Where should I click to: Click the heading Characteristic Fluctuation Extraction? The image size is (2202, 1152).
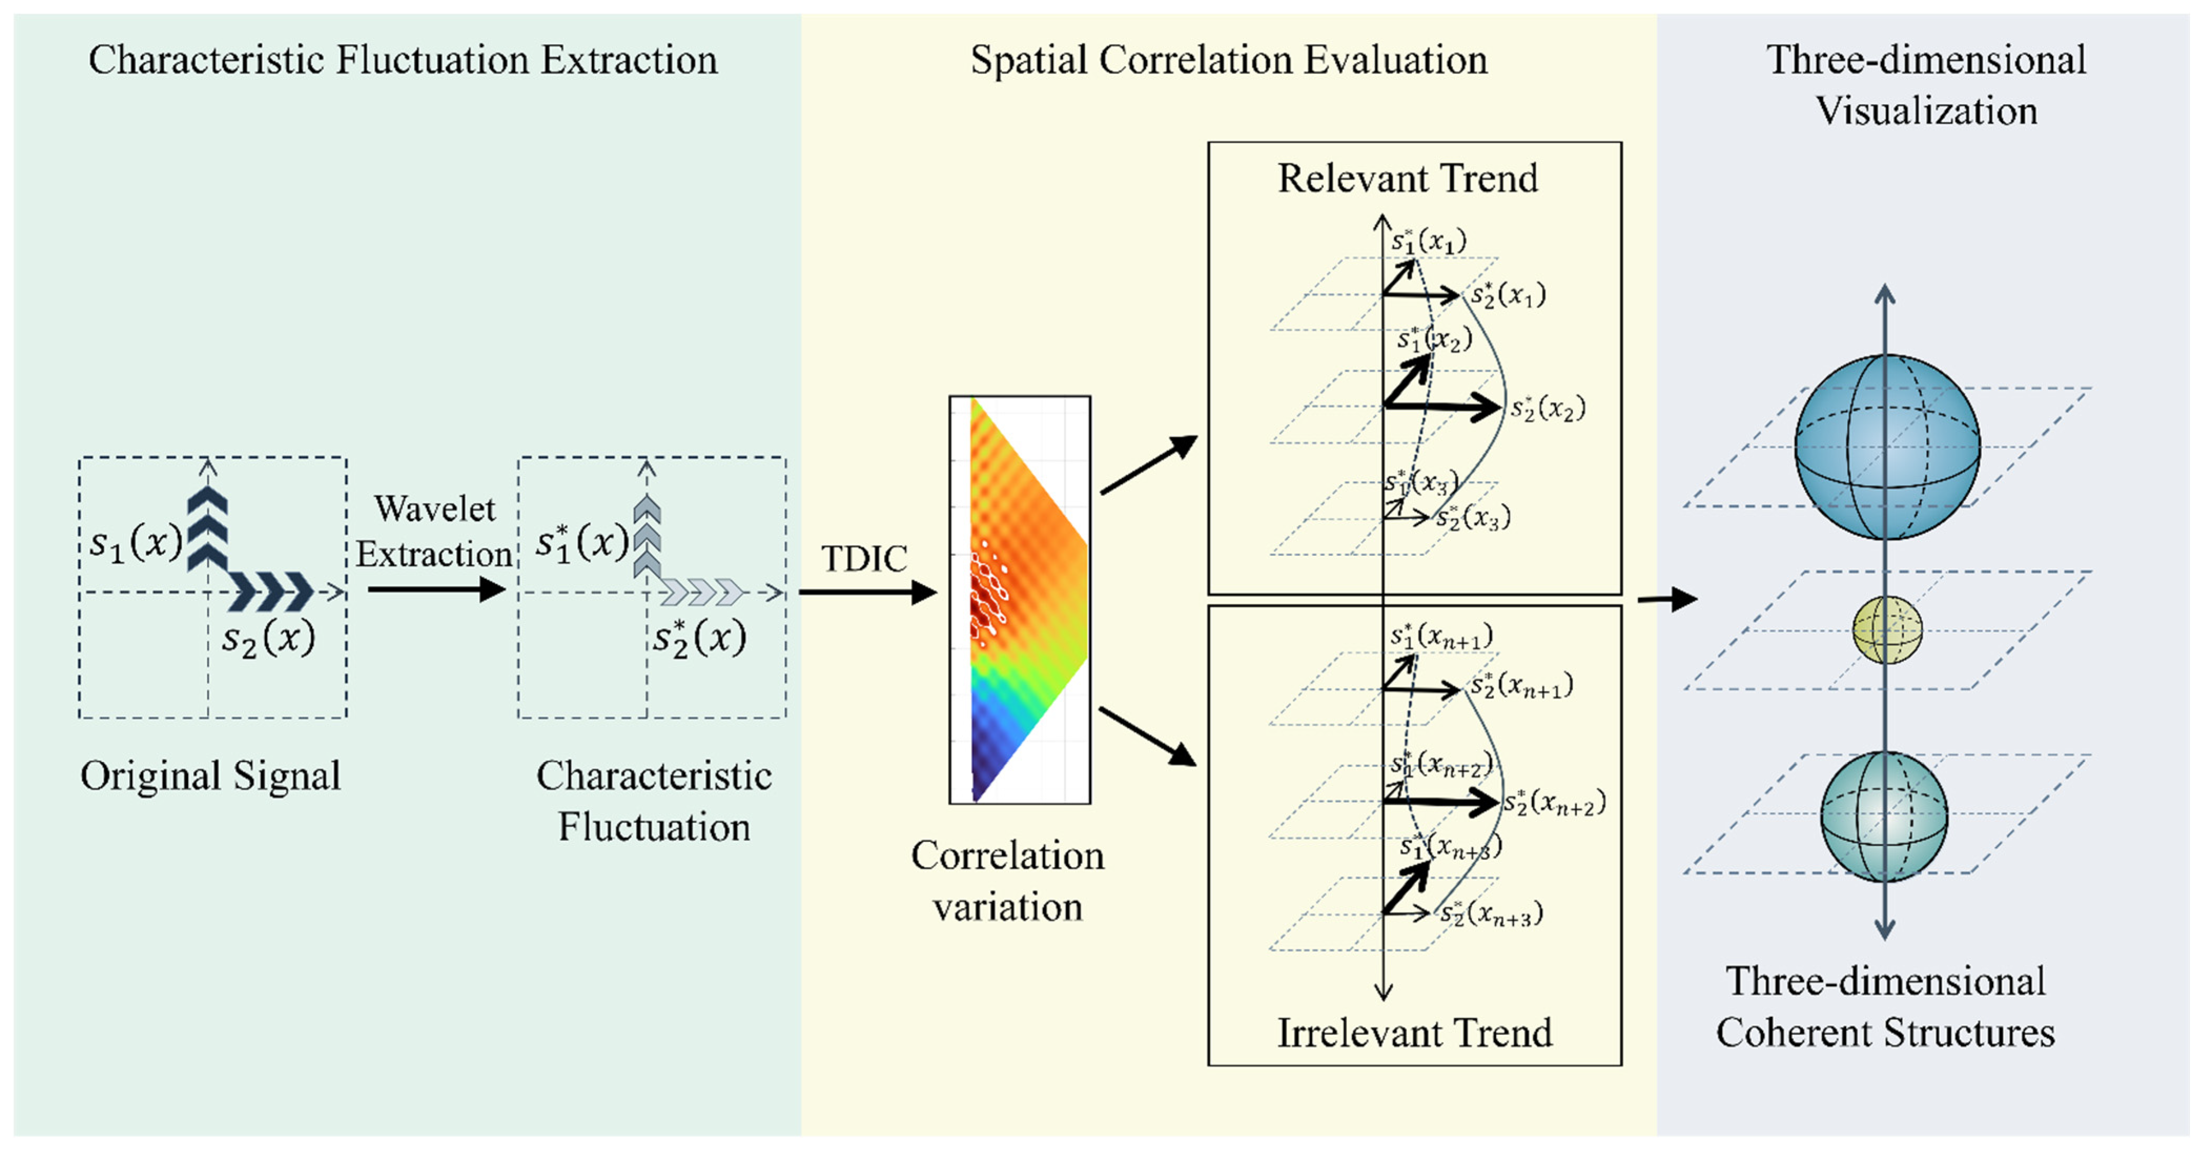[403, 60]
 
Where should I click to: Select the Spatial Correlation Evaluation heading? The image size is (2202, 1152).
[1228, 60]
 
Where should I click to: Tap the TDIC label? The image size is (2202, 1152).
[863, 559]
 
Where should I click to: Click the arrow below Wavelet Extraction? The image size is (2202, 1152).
[436, 589]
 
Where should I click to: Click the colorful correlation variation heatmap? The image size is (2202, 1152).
[1019, 599]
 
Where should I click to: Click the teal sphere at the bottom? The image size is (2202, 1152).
[1884, 816]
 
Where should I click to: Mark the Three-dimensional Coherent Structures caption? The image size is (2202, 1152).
[1885, 1006]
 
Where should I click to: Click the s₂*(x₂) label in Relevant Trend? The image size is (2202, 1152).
[1547, 409]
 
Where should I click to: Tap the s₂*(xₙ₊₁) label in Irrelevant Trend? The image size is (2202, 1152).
[1521, 686]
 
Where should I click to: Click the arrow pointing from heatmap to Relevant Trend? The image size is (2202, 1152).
[1148, 465]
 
